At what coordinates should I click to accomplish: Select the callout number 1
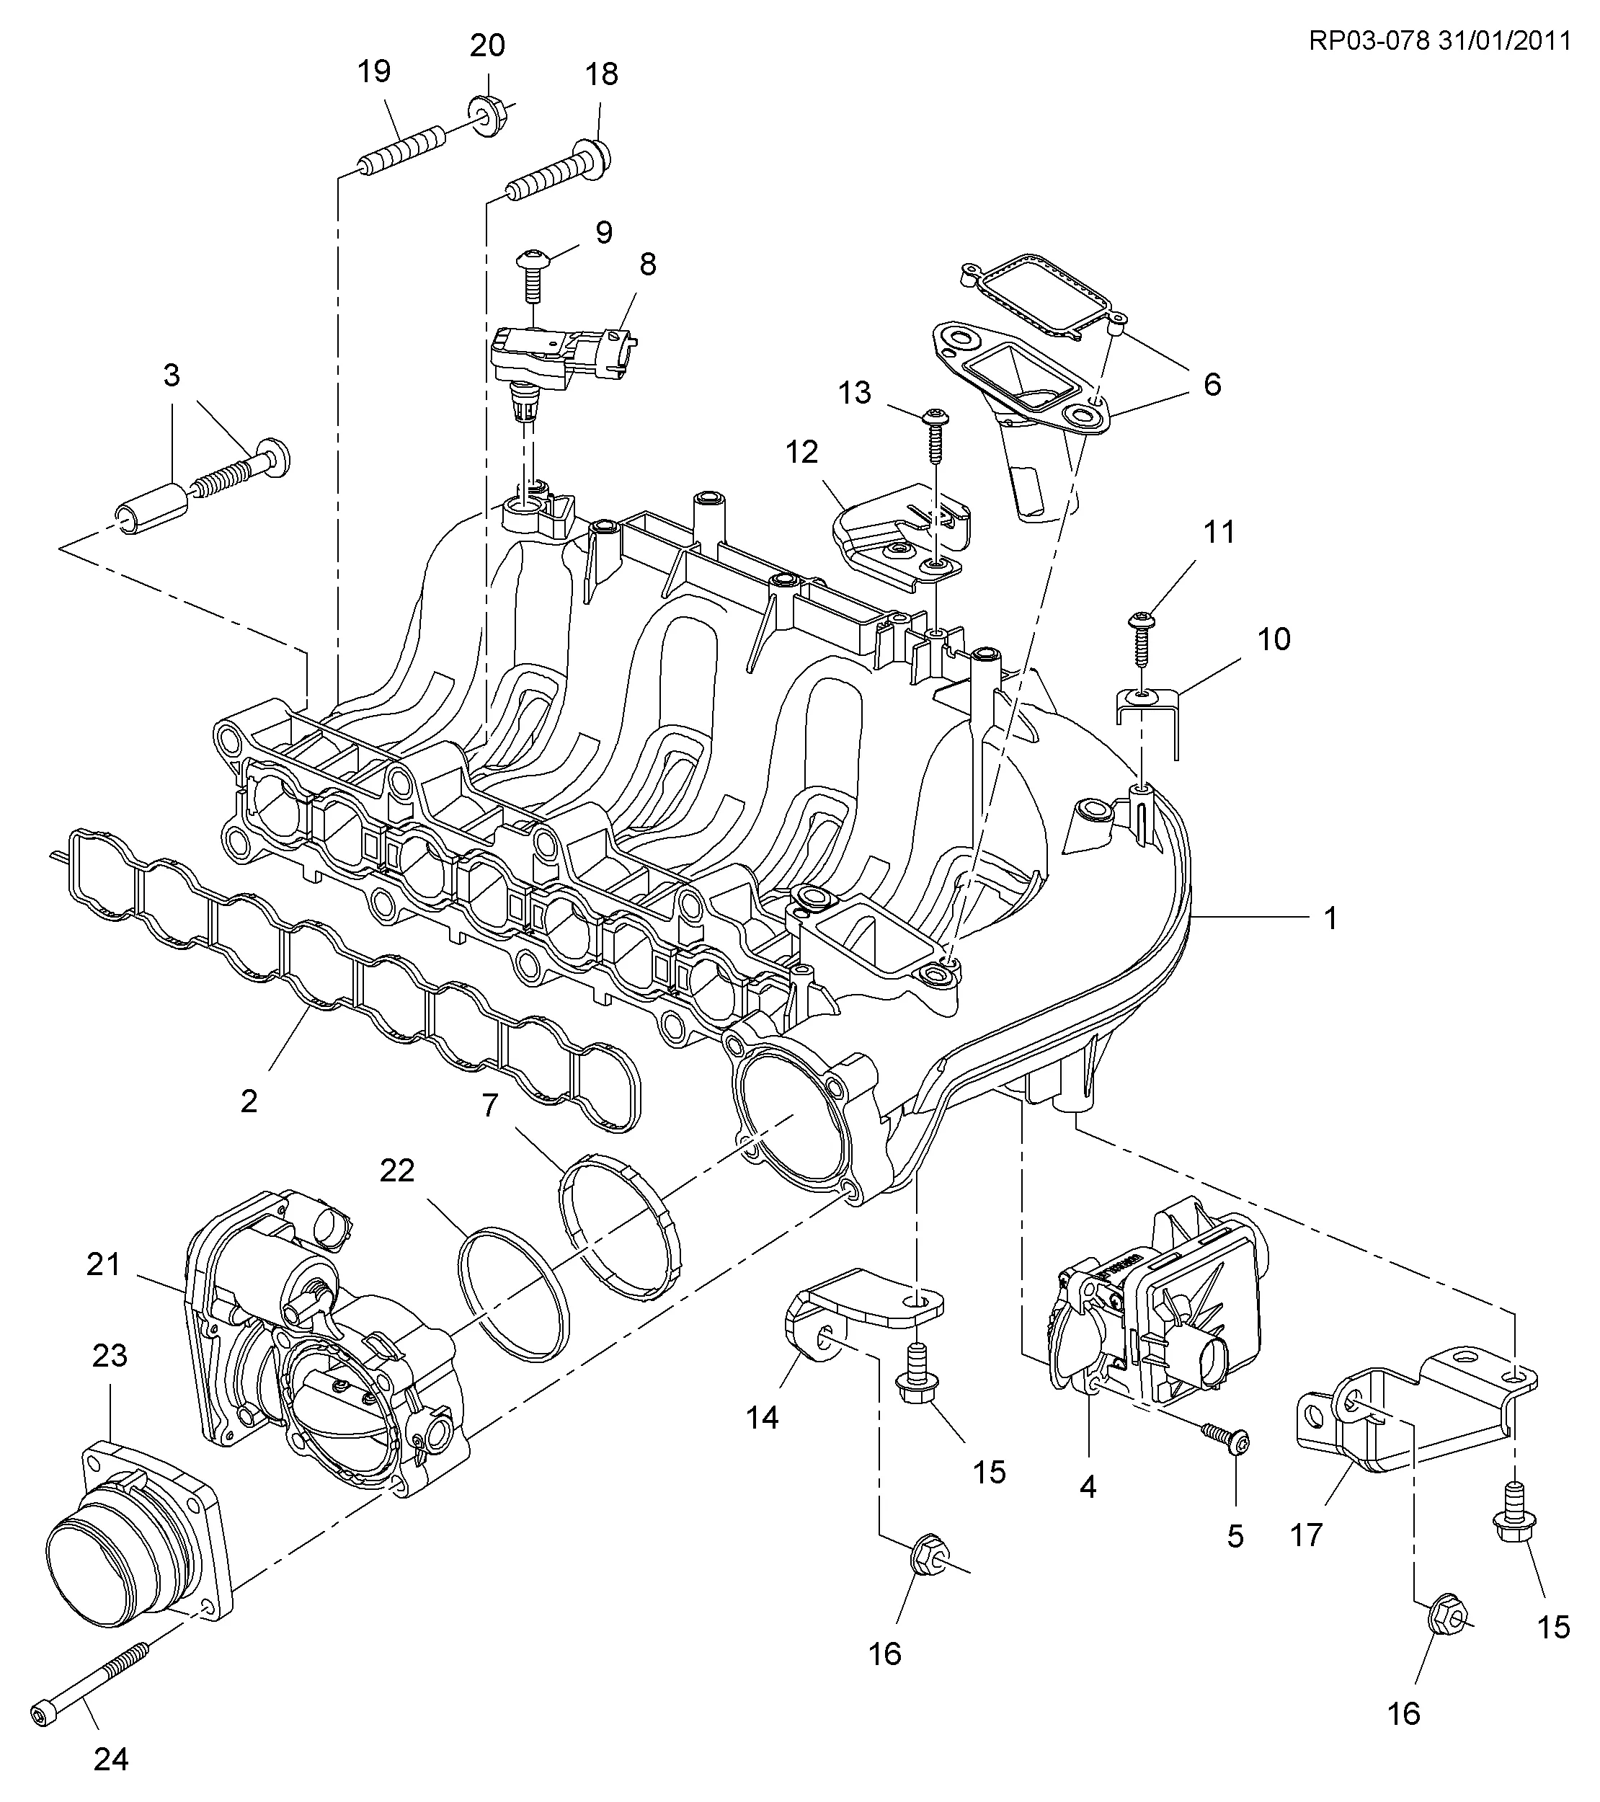(1331, 918)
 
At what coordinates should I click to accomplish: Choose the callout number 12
(802, 451)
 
